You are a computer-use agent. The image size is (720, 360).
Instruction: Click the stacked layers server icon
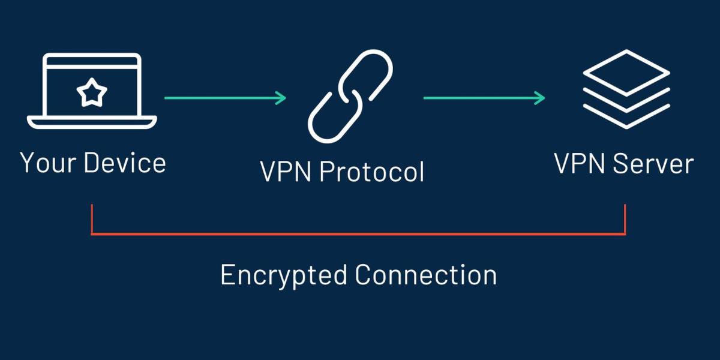click(626, 90)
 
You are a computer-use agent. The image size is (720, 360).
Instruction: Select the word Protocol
click(371, 172)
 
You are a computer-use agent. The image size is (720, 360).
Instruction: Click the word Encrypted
click(284, 275)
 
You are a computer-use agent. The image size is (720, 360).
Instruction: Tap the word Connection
click(425, 275)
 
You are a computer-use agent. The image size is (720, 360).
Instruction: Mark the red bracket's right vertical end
click(625, 219)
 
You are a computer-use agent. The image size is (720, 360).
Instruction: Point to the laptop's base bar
click(92, 122)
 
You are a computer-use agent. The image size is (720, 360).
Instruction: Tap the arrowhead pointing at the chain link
click(281, 97)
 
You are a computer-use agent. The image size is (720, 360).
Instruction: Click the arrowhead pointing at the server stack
click(540, 97)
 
